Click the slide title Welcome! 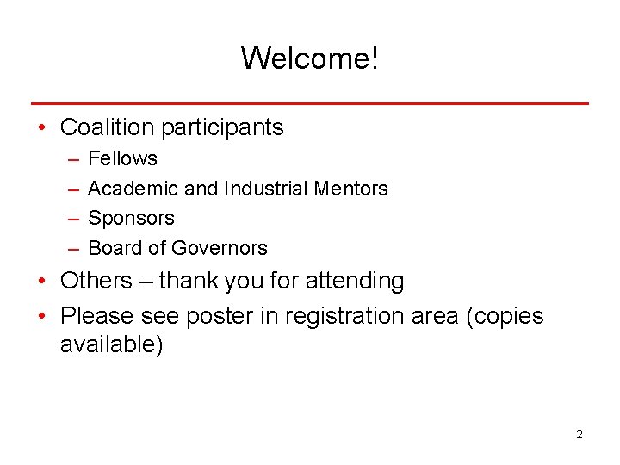[309, 59]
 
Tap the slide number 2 [580, 434]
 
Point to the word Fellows [123, 158]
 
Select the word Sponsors [131, 218]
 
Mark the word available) [111, 345]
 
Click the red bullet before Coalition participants [42, 128]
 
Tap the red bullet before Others [42, 282]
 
